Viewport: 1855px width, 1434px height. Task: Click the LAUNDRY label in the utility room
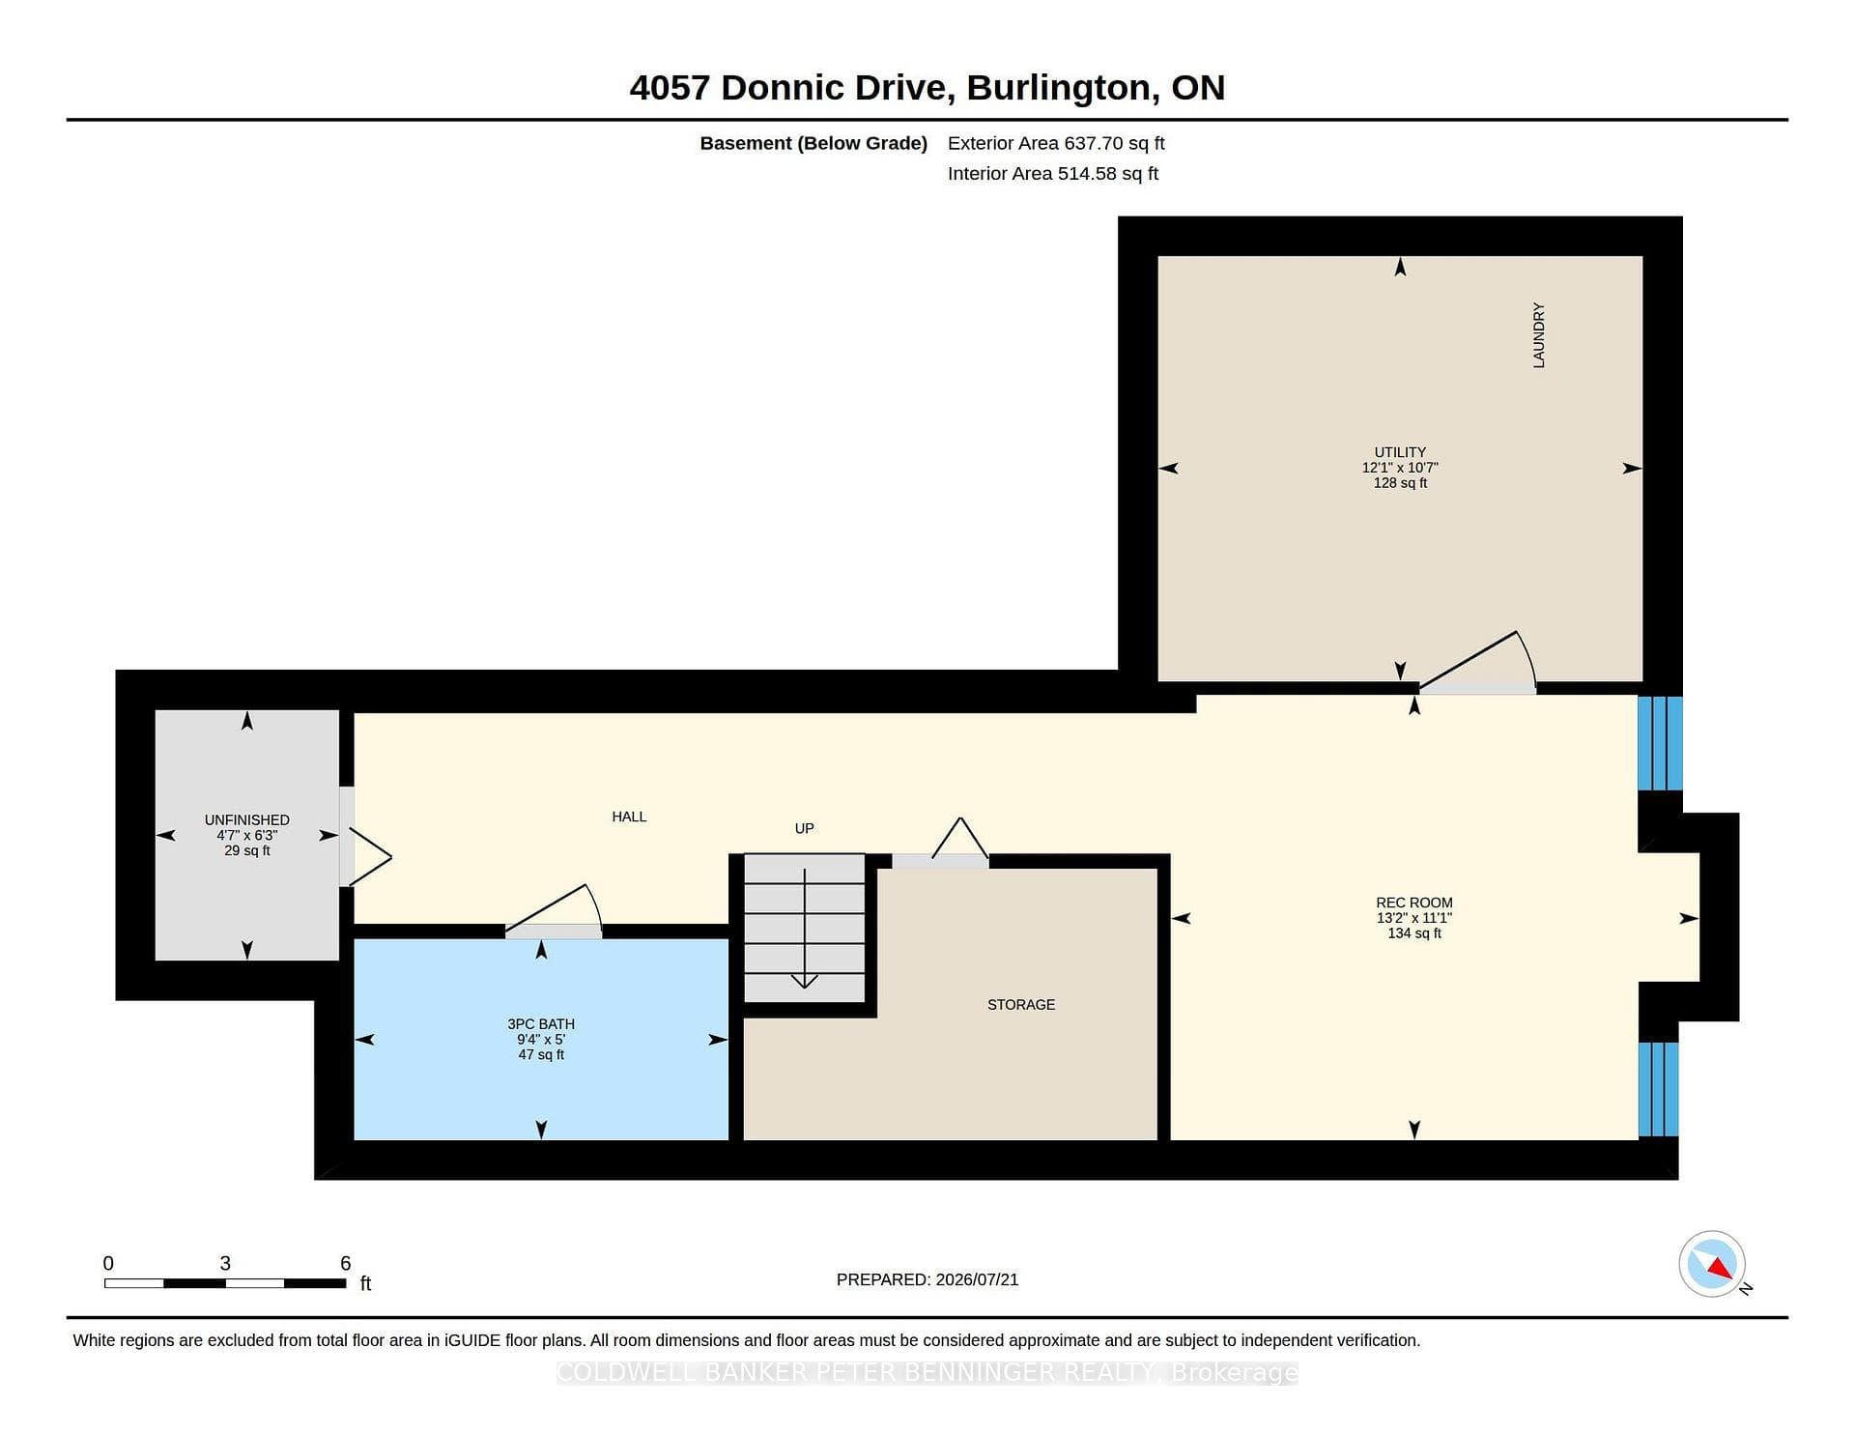tap(1539, 335)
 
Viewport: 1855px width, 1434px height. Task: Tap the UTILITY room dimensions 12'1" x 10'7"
tap(1400, 468)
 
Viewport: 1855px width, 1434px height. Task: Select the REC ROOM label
tap(1414, 903)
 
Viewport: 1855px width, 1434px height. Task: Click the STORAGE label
tap(1021, 1005)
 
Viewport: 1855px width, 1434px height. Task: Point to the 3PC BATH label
tap(541, 1024)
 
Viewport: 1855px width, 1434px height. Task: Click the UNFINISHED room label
tap(247, 820)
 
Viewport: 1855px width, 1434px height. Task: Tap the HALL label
tap(629, 817)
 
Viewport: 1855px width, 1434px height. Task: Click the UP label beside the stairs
tap(804, 828)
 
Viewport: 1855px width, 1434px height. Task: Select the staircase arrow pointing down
tap(804, 929)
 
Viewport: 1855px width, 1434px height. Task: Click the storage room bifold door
tap(960, 838)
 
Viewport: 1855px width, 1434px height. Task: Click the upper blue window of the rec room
tap(1660, 743)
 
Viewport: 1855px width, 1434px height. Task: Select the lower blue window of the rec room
tap(1659, 1088)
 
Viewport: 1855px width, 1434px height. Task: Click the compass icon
tap(1712, 1264)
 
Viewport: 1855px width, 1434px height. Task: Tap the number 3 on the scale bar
tap(225, 1263)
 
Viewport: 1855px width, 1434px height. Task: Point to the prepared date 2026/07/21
tap(977, 1279)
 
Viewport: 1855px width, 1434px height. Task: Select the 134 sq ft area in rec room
tap(1414, 933)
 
